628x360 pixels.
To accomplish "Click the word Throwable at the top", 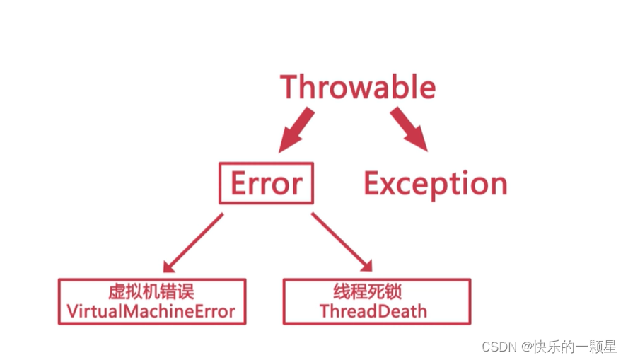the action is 358,87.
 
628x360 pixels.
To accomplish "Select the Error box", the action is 266,184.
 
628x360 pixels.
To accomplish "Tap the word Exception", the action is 435,184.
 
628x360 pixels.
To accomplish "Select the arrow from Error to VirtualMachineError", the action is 192,243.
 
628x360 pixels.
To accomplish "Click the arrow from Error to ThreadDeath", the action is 341,241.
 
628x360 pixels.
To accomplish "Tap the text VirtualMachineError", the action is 151,311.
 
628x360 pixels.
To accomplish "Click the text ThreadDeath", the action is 373,311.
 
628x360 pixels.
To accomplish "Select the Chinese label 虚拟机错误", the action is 151,292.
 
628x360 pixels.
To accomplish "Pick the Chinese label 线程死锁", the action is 373,292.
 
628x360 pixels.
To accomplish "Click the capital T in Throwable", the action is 291,87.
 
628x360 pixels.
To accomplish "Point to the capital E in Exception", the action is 373,184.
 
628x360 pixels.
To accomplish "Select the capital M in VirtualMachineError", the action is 134,311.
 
